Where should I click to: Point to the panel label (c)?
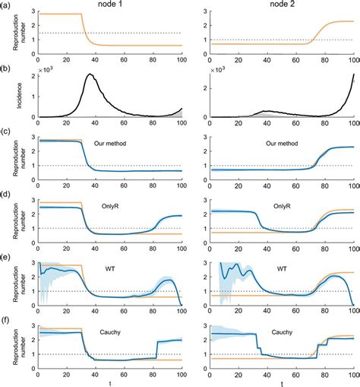pyautogui.click(x=6, y=133)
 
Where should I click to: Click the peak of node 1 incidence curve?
pyautogui.click(x=90, y=75)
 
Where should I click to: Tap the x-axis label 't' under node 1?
pyautogui.click(x=110, y=382)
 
